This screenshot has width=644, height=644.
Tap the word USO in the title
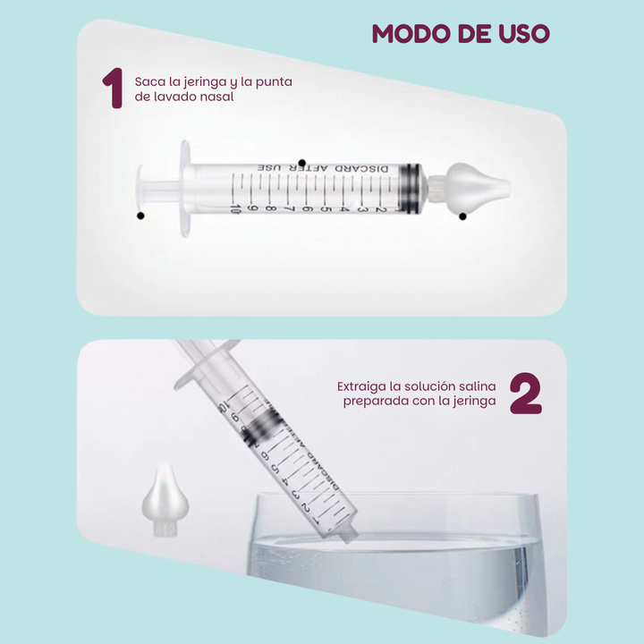[524, 33]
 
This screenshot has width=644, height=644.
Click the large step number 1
[113, 88]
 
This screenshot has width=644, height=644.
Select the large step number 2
[526, 393]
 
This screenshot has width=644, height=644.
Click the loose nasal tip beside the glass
[165, 500]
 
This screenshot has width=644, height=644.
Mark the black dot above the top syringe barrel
[302, 163]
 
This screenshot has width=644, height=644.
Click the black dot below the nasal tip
[463, 216]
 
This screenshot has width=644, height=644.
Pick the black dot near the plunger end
[140, 216]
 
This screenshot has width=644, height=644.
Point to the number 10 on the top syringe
[235, 208]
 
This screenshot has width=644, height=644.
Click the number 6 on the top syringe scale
[307, 208]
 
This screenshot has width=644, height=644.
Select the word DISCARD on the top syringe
[361, 169]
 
